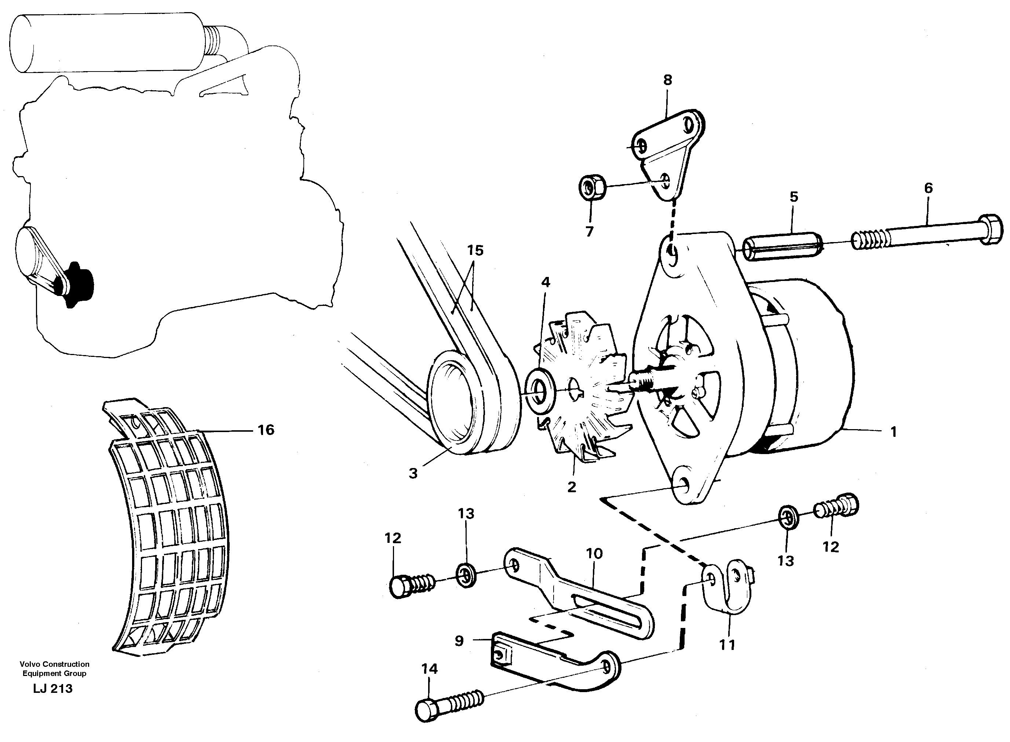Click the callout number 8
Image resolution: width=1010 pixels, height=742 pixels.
pos(667,80)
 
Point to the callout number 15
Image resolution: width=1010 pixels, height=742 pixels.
pos(475,250)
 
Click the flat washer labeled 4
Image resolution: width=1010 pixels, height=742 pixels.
pos(540,390)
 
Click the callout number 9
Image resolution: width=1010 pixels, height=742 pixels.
pos(459,640)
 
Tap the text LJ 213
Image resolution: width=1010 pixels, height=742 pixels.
pos(52,688)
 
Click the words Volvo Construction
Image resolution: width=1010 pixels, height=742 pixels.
pos(54,664)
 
